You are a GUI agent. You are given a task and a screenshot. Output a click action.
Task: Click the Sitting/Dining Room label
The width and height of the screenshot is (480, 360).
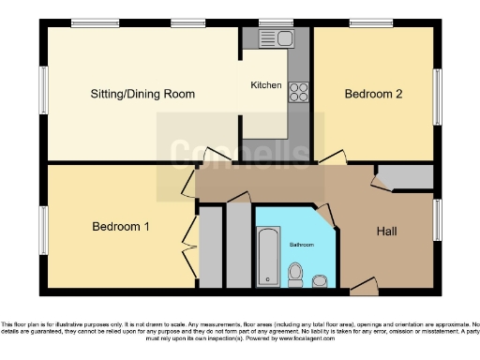pos(142,94)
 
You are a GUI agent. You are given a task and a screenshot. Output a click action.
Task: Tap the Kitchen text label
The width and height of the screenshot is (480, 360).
pos(265,85)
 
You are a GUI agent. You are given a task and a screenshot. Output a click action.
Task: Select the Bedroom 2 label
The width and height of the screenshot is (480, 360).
pos(373,94)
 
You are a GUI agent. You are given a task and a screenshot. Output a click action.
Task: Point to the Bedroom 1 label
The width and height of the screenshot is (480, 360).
pos(120,227)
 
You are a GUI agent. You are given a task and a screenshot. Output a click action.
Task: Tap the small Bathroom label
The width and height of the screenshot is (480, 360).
pos(301,244)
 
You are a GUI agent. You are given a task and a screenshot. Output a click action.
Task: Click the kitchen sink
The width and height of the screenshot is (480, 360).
pos(281,39)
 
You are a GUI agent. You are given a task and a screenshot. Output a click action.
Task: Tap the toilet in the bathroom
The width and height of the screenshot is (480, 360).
pos(295,274)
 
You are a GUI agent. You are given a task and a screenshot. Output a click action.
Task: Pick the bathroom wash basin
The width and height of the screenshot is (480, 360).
pos(320,278)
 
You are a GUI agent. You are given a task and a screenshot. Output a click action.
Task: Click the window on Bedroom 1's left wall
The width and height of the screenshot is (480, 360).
pos(43,228)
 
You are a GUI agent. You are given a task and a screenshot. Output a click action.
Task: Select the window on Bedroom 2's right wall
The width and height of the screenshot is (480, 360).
pos(438,94)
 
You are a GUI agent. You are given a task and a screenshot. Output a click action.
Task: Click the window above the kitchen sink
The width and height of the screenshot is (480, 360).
pos(275,23)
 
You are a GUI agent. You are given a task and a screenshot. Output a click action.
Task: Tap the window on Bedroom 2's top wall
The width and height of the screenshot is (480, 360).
pos(371,23)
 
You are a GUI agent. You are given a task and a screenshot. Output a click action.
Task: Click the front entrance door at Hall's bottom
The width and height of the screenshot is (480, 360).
pos(365,284)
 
